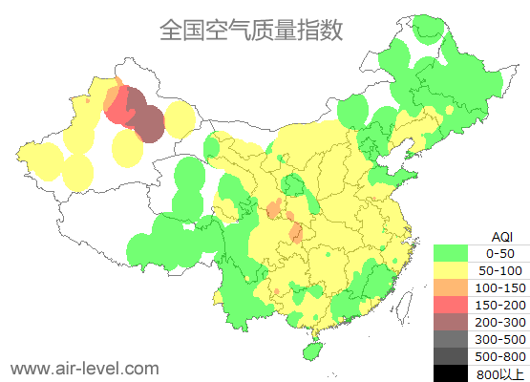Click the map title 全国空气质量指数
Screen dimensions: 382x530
[251, 31]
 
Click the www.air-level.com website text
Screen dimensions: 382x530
[85, 368]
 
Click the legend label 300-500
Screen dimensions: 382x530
[500, 339]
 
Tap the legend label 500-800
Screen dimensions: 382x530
[500, 356]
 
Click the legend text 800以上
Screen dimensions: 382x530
[500, 373]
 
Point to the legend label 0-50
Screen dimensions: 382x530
[500, 253]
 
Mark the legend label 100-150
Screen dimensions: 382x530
[500, 287]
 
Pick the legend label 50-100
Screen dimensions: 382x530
[500, 270]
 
